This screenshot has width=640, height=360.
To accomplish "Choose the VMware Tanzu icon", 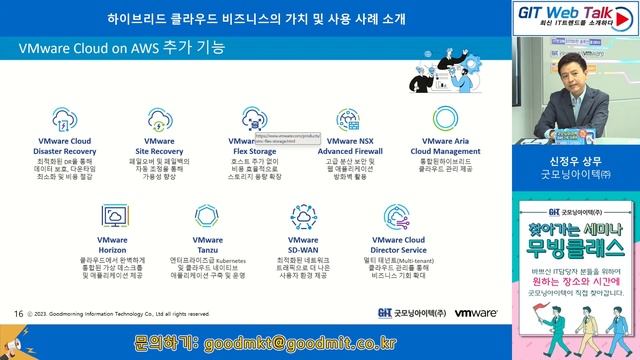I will point(210,217).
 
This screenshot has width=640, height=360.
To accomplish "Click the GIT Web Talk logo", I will point(578,16).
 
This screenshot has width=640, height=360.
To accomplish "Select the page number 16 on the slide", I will point(18,313).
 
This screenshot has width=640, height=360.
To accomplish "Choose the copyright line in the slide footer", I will point(120,314).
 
